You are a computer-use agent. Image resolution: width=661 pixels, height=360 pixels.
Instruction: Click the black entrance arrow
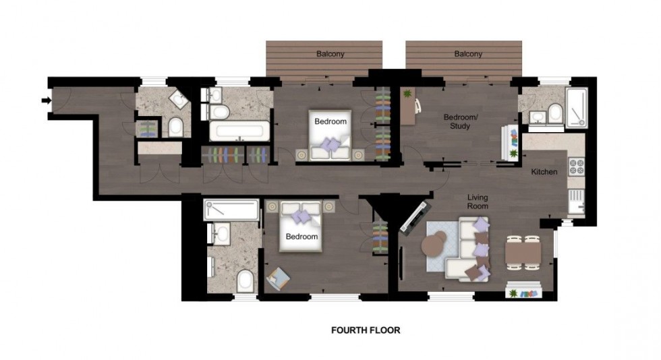45,101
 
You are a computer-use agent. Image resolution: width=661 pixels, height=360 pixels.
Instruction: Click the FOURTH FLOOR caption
366,330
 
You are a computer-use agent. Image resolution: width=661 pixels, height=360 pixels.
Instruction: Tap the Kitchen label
544,172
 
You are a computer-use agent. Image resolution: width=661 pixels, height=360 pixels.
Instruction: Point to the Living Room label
478,202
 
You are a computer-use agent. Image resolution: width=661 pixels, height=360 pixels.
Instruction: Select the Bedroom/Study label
460,121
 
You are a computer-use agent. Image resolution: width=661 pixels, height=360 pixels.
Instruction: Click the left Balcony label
330,54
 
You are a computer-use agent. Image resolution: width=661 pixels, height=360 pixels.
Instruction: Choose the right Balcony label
468,54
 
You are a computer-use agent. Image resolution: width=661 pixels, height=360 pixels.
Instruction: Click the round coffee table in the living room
436,244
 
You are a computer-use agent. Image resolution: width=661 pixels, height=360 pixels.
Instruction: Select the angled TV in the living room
414,216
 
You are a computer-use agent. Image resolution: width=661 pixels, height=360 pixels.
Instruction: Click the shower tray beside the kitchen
577,107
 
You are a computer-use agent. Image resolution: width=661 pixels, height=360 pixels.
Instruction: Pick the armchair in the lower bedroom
277,278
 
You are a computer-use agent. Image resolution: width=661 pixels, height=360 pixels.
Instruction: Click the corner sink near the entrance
179,102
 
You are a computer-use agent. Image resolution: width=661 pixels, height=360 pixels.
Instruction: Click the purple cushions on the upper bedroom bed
330,144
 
